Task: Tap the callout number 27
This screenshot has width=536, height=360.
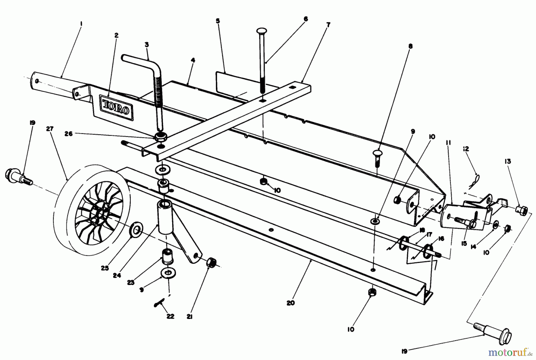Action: (x=50, y=129)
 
